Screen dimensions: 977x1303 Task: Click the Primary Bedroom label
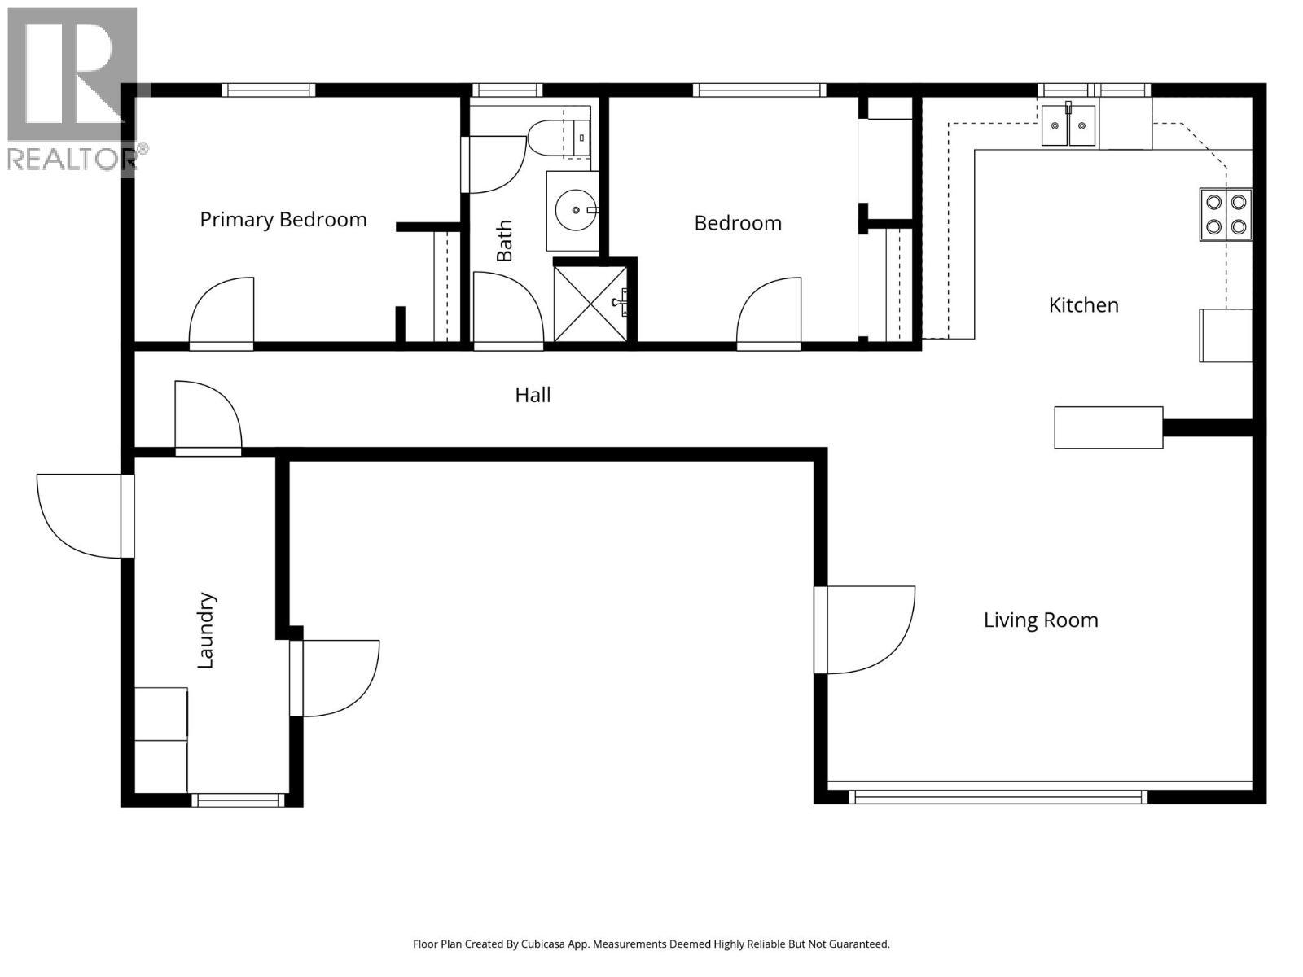coord(283,220)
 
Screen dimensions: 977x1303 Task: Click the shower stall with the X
coord(590,303)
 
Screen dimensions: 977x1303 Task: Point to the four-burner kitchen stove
coord(1225,214)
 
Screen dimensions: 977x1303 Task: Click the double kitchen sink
coord(1068,126)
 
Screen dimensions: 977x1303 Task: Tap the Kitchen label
coord(1083,305)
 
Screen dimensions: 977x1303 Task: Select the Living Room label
coord(1040,620)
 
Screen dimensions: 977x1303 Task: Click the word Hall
coord(533,395)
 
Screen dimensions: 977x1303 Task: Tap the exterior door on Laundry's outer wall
coord(81,515)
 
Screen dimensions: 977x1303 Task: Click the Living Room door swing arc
coord(865,629)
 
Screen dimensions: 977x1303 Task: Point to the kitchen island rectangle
coord(1108,427)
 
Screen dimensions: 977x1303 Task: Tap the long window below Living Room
coord(998,796)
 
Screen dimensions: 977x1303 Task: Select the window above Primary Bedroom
coord(269,90)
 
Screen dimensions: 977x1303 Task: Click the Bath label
coord(505,240)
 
